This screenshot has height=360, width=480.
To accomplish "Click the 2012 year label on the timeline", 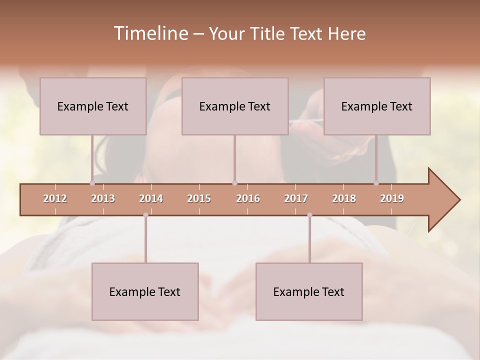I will click(x=55, y=198).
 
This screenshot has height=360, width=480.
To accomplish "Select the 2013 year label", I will click(x=103, y=198).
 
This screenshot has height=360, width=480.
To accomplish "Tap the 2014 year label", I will click(x=151, y=198).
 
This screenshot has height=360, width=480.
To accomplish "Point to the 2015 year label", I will click(x=199, y=198).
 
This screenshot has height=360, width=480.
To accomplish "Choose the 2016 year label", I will click(x=248, y=198).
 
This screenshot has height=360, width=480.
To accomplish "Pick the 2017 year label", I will click(x=296, y=198).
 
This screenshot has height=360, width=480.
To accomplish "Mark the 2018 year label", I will click(x=344, y=198).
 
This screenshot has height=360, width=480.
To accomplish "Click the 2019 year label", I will click(x=392, y=198).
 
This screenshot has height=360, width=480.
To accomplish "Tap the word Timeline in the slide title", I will click(x=150, y=33).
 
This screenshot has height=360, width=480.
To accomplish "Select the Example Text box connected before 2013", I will click(x=93, y=106).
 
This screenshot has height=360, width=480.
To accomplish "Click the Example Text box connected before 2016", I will click(x=235, y=106).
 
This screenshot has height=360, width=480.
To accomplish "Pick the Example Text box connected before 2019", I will click(x=377, y=106).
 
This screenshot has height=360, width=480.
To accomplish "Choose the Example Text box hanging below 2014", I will click(x=145, y=291).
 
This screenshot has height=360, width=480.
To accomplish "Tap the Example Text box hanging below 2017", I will click(x=309, y=291).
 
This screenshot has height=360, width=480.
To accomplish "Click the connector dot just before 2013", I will click(x=92, y=183).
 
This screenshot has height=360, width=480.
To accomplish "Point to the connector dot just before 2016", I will click(x=234, y=183).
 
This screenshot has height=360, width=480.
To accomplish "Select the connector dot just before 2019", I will click(x=376, y=183).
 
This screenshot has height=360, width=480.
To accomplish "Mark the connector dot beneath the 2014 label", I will click(x=145, y=215).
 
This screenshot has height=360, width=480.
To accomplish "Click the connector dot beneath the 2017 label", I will click(x=309, y=215).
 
